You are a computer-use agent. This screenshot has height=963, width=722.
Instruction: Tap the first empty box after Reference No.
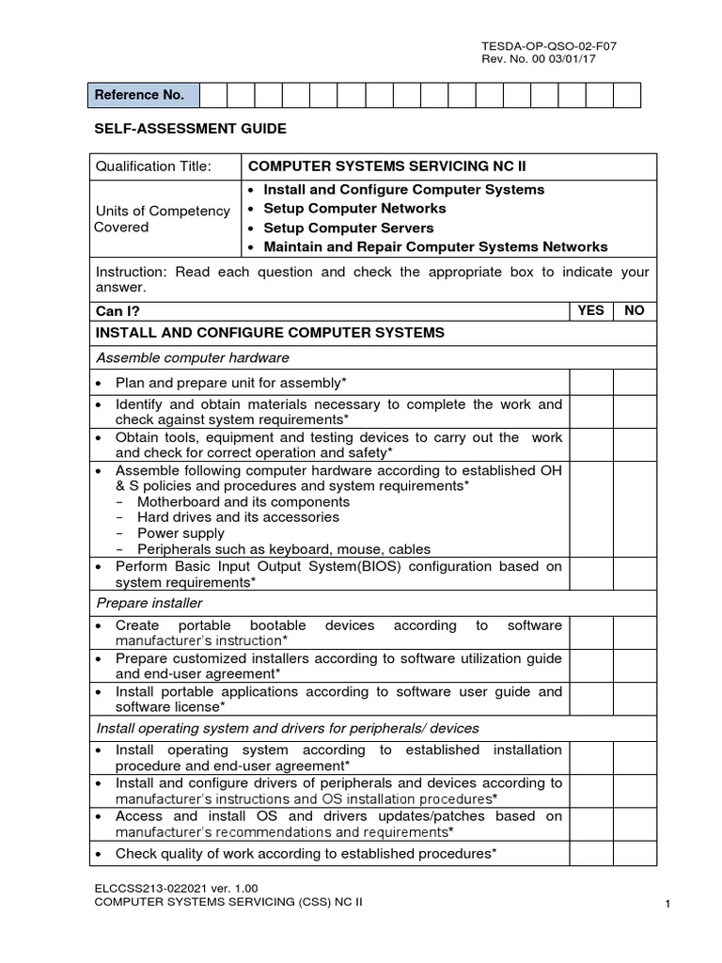click(x=212, y=95)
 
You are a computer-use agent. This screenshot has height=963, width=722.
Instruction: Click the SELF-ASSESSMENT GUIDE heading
click(x=188, y=128)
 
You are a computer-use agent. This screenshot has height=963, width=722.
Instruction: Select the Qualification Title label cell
click(x=153, y=166)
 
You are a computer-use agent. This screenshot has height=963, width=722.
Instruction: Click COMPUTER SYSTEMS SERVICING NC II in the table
click(x=386, y=166)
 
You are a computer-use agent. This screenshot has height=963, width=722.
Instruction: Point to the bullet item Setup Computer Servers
click(x=348, y=228)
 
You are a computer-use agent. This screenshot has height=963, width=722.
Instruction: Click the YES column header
click(x=590, y=310)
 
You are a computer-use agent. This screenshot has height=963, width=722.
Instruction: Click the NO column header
click(x=635, y=310)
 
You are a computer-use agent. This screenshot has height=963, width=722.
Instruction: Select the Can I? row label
click(x=118, y=311)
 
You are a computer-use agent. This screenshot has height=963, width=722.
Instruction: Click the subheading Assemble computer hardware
click(x=193, y=357)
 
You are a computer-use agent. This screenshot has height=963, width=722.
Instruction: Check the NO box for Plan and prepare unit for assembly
click(x=635, y=382)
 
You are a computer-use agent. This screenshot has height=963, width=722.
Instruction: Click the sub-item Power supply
click(x=180, y=533)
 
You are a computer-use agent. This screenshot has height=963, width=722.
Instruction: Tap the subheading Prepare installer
click(x=149, y=603)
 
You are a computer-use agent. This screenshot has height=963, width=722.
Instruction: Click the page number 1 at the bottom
click(x=667, y=905)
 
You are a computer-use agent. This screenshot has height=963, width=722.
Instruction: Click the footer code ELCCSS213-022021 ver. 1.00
click(x=176, y=887)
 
